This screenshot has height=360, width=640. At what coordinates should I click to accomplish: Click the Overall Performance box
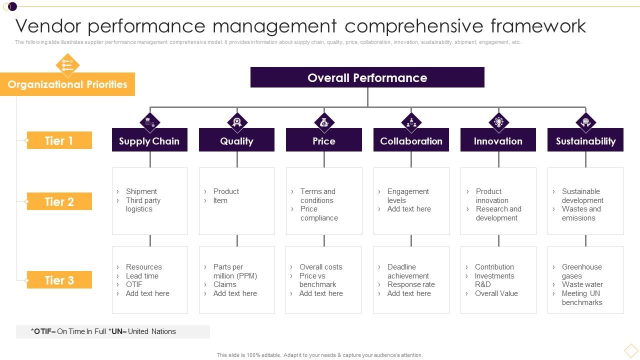tap(367, 77)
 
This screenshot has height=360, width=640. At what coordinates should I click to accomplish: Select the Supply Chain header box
tap(149, 141)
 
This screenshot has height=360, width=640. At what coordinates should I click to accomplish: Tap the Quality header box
tap(236, 141)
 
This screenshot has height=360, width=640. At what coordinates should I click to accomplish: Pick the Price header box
tap(323, 141)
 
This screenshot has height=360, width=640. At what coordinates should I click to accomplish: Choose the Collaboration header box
tap(411, 141)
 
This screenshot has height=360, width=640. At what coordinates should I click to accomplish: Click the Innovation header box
tap(498, 141)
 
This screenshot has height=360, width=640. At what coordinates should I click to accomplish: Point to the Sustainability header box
tap(585, 141)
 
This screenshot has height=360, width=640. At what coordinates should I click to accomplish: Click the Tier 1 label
tap(59, 140)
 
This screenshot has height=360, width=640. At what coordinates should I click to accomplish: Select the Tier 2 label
tap(59, 201)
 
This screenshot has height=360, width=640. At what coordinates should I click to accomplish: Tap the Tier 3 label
tap(59, 280)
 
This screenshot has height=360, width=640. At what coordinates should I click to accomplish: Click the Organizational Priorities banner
tap(67, 84)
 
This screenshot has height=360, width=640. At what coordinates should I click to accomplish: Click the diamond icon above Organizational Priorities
tap(67, 64)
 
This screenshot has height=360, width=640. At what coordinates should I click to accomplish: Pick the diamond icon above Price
tap(324, 122)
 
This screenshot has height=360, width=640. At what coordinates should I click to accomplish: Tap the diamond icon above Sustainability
tap(585, 122)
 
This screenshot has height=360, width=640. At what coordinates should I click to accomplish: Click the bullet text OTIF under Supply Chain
tap(134, 284)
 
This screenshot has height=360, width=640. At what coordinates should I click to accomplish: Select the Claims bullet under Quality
tap(224, 284)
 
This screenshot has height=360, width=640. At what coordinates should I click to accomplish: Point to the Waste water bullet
tap(582, 284)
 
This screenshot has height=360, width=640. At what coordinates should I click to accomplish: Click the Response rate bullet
tap(411, 284)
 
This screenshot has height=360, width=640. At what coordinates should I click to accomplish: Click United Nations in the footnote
tap(152, 331)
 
